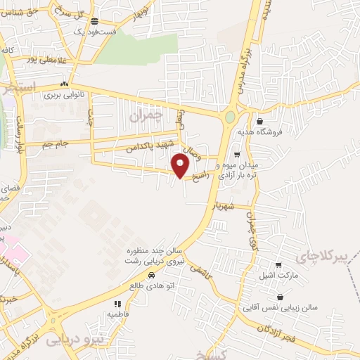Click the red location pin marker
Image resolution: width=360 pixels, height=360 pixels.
pyautogui.click(x=181, y=166)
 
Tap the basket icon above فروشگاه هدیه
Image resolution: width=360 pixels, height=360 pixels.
pyautogui.click(x=259, y=121)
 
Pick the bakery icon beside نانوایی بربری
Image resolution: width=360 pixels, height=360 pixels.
pyautogui.click(x=64, y=84)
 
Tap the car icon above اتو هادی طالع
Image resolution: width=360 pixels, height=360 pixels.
pyautogui.click(x=153, y=276)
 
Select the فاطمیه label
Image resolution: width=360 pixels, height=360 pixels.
pyautogui.click(x=117, y=314)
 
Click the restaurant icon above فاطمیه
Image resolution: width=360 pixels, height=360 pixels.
pyautogui.click(x=117, y=304)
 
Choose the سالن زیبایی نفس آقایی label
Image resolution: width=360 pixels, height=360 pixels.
pyautogui.click(x=280, y=308)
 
